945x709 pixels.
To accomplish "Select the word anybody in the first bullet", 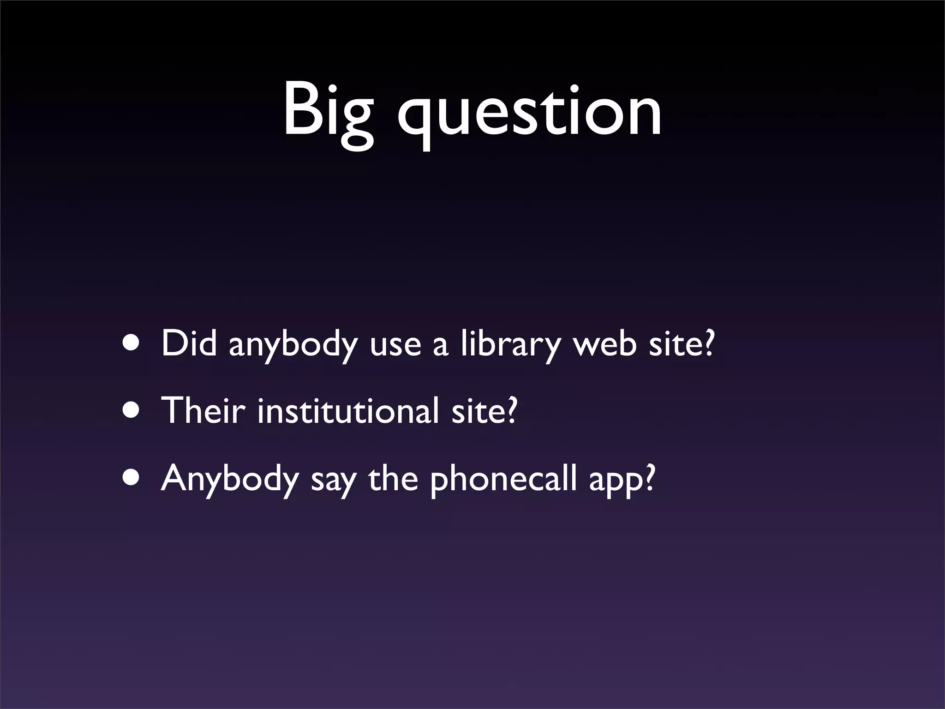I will pos(293,345).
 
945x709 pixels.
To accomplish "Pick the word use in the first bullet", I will pos(395,346).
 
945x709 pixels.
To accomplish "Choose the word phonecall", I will pos(503,479).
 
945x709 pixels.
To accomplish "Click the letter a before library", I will pos(440,347).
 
